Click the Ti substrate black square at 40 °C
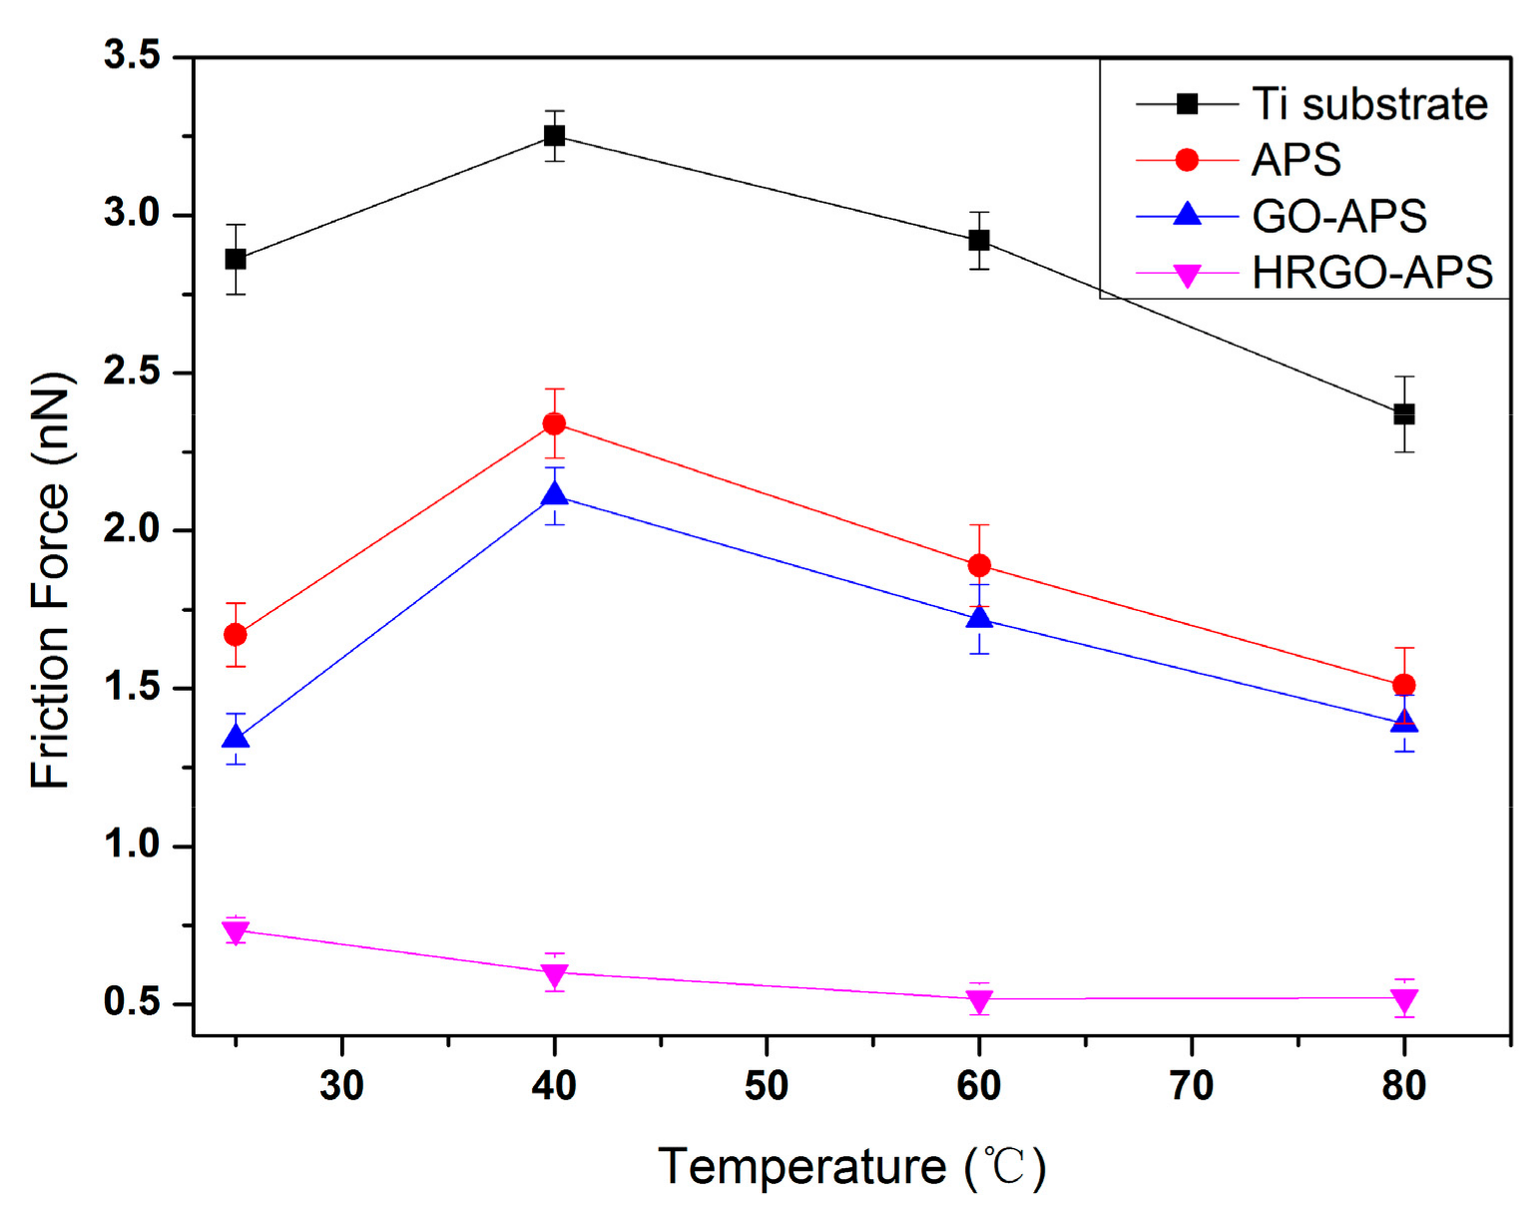click(554, 135)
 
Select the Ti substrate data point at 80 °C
click(1404, 413)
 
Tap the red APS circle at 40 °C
click(554, 424)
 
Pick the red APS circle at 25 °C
click(236, 635)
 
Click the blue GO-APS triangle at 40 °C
click(554, 494)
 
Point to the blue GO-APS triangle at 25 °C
click(236, 738)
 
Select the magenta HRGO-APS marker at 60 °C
click(979, 1000)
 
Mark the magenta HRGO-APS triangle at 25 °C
click(236, 932)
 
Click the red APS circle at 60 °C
click(979, 566)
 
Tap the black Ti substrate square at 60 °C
click(979, 241)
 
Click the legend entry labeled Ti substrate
click(1369, 104)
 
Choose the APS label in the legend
click(1295, 160)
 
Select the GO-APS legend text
click(1338, 216)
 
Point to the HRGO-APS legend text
click(1371, 272)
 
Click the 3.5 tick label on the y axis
click(133, 56)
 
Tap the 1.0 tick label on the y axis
click(133, 845)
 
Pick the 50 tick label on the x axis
click(767, 1085)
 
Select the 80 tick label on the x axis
click(1404, 1085)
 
